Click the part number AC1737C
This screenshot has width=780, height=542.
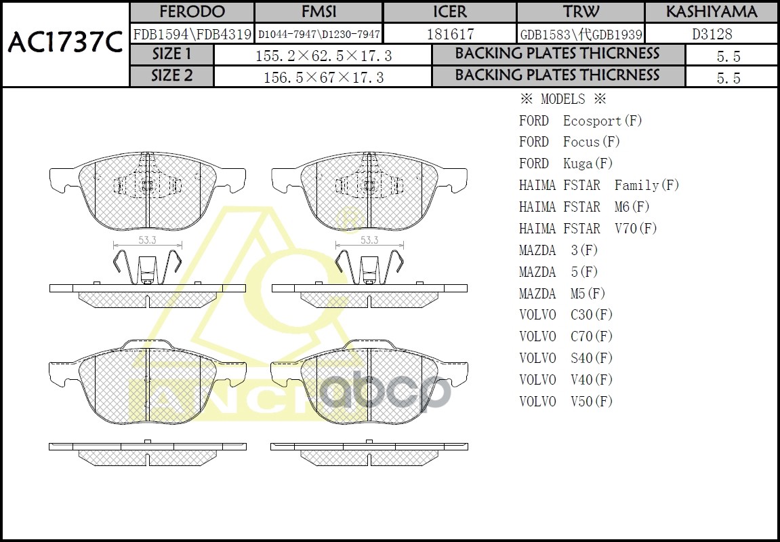[65, 43]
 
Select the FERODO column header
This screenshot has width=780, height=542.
[192, 12]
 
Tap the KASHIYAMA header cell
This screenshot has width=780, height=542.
[711, 12]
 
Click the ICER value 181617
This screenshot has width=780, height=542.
[450, 34]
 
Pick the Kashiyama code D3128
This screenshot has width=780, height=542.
[711, 34]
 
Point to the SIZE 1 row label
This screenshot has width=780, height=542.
[171, 54]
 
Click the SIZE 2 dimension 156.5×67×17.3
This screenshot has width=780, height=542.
[323, 77]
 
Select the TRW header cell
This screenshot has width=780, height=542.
[581, 12]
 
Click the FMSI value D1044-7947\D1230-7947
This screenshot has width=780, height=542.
[319, 34]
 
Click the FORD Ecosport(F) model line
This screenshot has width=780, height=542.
[580, 121]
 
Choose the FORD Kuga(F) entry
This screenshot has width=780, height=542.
[566, 163]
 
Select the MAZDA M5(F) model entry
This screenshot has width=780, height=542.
[562, 293]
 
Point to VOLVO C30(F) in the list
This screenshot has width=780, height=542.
[566, 315]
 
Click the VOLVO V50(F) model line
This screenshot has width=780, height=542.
[566, 401]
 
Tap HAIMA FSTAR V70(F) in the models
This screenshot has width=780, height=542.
[588, 229]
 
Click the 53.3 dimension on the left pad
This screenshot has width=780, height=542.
[148, 240]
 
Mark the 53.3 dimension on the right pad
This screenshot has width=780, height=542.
[369, 240]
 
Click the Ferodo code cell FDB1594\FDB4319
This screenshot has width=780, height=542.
[192, 34]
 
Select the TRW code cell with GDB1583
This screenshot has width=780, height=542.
[581, 34]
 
